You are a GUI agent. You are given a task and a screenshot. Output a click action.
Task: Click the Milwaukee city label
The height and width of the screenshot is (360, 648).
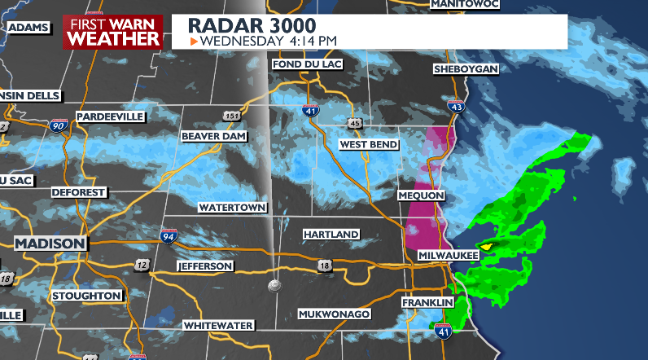448,255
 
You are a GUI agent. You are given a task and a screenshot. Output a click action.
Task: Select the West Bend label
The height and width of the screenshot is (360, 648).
369,145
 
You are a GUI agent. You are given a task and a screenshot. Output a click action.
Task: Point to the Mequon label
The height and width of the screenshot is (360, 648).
421,196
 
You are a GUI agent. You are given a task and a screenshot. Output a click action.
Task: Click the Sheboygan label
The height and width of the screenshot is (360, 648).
466,69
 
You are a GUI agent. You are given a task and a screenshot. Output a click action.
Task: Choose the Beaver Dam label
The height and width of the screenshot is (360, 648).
213,135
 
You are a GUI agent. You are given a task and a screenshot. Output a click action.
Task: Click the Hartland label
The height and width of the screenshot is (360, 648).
331,235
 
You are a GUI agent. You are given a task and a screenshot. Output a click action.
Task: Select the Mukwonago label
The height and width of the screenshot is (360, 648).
335,314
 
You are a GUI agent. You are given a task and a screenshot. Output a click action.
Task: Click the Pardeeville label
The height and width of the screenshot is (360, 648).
110,116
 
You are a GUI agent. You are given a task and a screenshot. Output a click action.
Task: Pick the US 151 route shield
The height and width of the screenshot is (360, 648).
233,116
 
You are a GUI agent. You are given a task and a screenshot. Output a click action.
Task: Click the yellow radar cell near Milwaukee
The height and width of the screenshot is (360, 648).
487,245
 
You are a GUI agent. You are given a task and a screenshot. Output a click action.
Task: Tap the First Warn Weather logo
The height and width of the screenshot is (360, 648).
112,32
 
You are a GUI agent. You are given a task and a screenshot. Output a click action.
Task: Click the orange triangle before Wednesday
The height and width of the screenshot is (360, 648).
193,40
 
